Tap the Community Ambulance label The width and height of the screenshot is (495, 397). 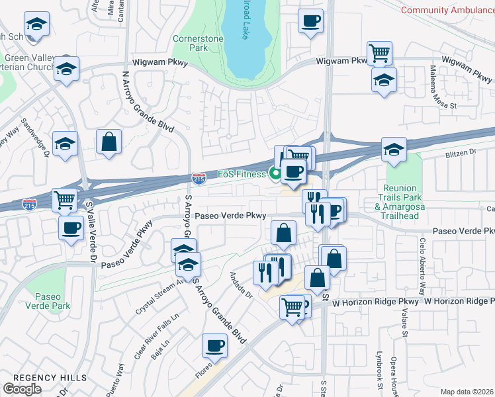point(448,10)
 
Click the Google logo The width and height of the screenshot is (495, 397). point(22,389)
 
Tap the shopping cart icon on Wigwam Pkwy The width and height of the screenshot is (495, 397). point(379,52)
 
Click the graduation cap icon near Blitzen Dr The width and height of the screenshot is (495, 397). point(394,148)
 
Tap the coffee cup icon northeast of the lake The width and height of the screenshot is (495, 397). point(310,21)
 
